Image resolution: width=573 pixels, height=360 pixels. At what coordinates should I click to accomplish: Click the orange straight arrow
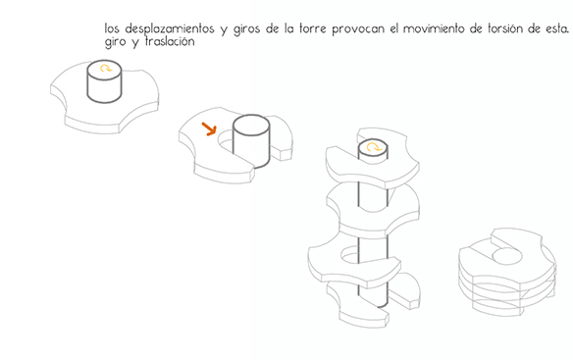point(209,129)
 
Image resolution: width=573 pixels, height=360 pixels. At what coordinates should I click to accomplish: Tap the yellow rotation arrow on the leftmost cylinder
point(106,68)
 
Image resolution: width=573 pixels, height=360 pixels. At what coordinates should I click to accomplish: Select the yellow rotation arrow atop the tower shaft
point(374,147)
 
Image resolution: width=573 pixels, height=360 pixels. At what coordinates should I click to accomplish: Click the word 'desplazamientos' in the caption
point(170,28)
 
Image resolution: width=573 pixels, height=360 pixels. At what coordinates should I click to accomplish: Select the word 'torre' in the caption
point(312,29)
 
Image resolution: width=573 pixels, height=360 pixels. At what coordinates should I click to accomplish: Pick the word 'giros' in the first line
point(246,29)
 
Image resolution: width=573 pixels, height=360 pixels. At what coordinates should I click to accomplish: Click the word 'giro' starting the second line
point(115,41)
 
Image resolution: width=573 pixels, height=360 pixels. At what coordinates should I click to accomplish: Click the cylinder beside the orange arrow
point(251,142)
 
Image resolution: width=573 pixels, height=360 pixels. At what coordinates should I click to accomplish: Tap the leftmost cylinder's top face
point(105,69)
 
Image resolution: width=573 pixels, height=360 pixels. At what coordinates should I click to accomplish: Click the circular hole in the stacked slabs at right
point(507,256)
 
